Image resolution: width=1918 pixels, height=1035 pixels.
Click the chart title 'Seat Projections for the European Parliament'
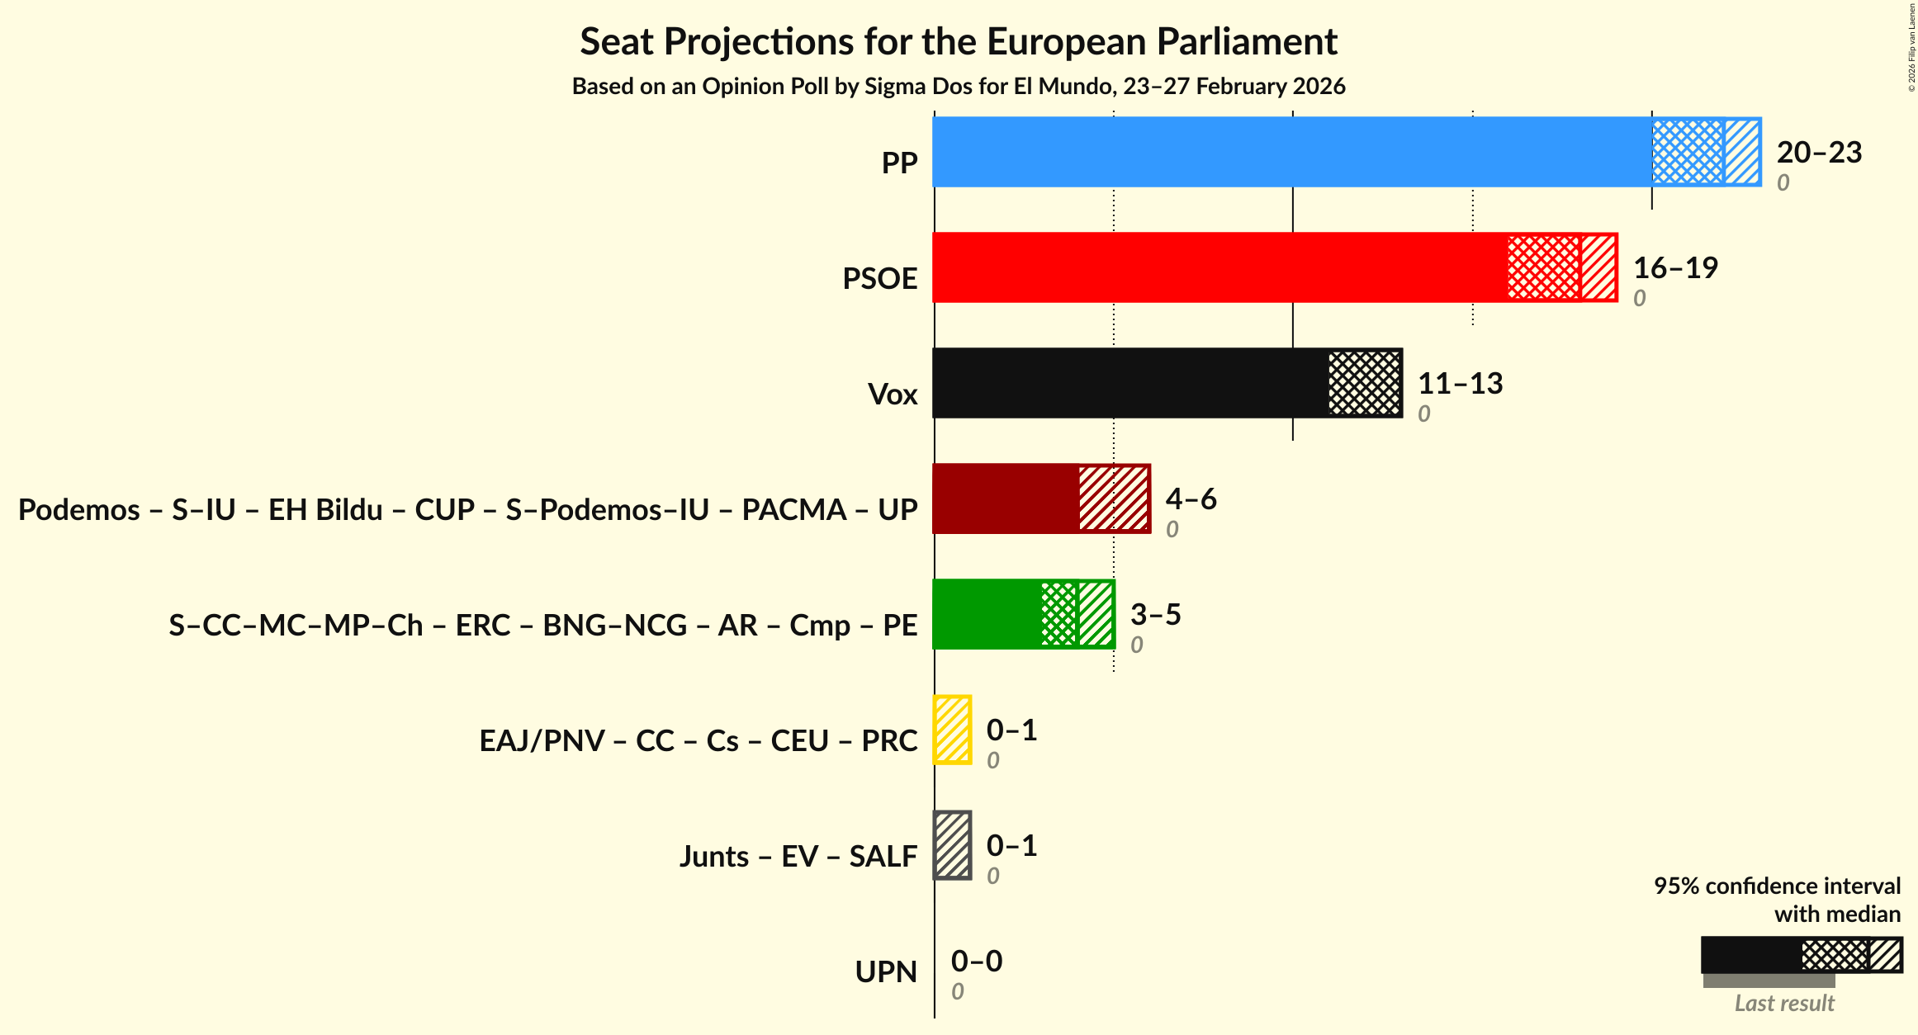pos(958,41)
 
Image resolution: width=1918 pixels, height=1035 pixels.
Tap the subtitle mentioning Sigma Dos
pos(958,87)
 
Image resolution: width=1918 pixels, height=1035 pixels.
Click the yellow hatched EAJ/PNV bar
pos(952,730)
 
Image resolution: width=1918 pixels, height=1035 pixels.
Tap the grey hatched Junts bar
pos(952,845)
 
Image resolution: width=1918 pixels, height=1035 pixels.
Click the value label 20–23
pos(1819,152)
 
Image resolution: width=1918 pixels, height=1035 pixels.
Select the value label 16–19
pos(1675,267)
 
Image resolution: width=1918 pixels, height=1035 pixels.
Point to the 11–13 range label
pos(1460,383)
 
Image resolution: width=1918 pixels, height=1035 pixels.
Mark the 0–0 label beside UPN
pos(976,961)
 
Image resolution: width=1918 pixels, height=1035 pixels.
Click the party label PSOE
pos(879,279)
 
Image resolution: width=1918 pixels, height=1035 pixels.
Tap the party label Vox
pos(893,395)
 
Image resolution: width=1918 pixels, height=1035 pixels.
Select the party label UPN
pos(886,972)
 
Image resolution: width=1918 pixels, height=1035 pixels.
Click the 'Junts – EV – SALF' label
pos(798,857)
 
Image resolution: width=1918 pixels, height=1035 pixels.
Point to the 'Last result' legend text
pos(1784,1003)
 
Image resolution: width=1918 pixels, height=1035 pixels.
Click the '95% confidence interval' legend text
pos(1777,886)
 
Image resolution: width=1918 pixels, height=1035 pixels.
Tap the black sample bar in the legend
pos(1750,955)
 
